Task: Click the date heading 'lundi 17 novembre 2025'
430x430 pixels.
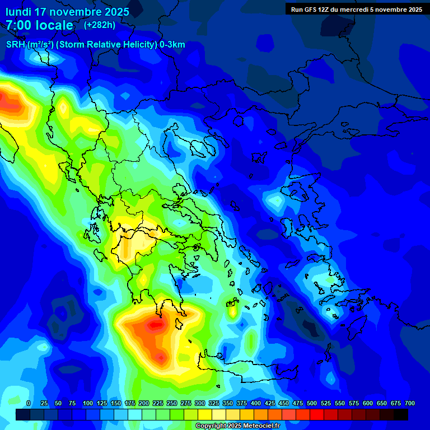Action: tap(67, 12)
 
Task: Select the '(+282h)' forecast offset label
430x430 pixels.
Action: tap(100, 25)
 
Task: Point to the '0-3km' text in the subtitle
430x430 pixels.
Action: tap(172, 45)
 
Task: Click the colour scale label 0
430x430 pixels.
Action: tap(29, 403)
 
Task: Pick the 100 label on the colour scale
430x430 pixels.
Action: tap(88, 403)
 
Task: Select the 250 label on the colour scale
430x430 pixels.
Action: tap(172, 403)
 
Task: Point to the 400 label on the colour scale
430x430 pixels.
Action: tap(256, 403)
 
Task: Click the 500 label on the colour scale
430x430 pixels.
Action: tap(312, 403)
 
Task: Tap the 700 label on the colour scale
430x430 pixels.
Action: tap(410, 403)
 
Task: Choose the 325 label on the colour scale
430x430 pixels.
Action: tap(214, 403)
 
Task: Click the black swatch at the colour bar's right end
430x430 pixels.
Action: tap(401, 414)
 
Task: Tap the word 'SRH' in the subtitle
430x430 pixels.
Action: tap(16, 45)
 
